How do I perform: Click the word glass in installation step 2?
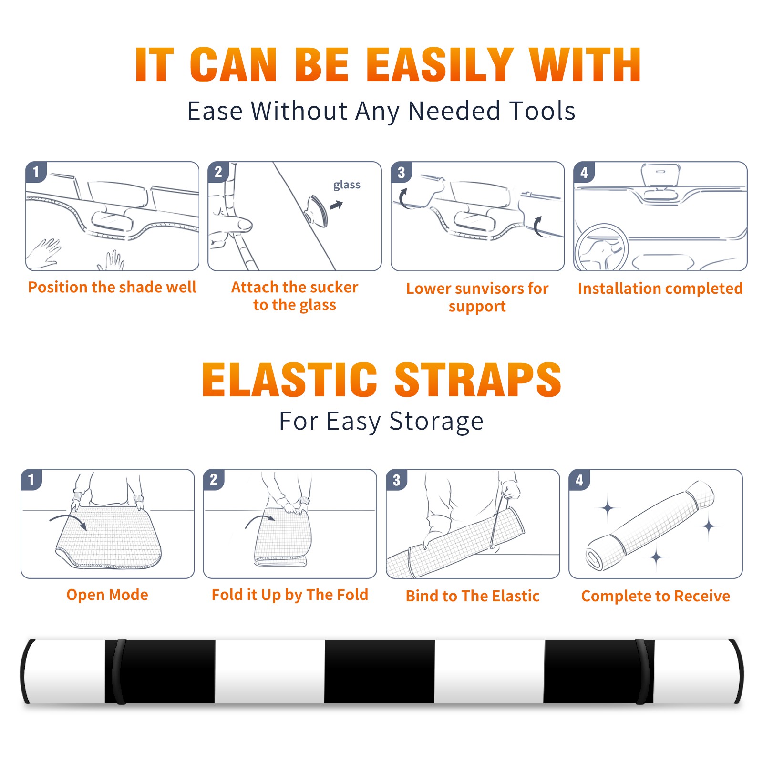tap(347, 185)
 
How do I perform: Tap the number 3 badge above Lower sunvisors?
tap(401, 172)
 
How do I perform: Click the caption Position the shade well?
tap(112, 287)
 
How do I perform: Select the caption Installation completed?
tap(660, 288)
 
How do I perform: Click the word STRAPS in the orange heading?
tap(478, 380)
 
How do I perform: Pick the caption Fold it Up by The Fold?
tap(290, 595)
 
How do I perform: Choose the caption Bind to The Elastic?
tap(473, 596)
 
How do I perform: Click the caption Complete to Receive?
tap(656, 596)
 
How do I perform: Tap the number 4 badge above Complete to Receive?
tap(579, 480)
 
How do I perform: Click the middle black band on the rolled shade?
tap(380, 671)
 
